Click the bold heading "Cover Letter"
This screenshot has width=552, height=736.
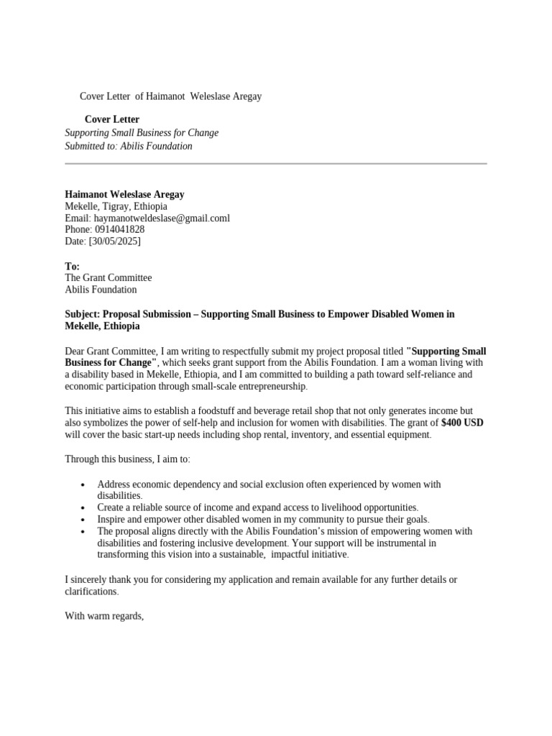[112, 119]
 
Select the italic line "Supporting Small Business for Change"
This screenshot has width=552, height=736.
[142, 133]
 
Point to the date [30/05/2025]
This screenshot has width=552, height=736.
[114, 241]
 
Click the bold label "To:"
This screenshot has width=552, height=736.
[73, 267]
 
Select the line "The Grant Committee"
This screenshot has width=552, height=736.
[109, 278]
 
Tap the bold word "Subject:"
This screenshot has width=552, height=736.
[83, 314]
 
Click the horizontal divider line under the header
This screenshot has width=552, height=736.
[276, 164]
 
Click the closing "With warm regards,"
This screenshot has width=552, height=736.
[105, 616]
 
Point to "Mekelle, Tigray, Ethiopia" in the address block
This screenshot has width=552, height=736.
[116, 206]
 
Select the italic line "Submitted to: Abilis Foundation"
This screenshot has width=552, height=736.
[129, 146]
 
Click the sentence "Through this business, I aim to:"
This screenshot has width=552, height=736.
[128, 459]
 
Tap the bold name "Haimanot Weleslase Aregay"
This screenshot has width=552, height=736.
[125, 194]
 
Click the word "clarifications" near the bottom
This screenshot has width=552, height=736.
[91, 592]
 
